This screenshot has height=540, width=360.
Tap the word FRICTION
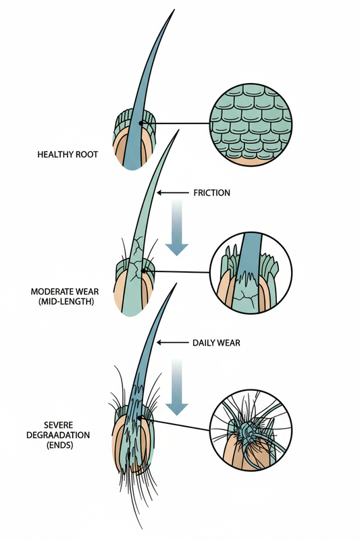pos(211,193)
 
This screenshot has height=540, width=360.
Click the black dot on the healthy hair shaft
pos(140,124)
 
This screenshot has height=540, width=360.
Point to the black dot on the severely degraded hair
pos(140,421)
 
